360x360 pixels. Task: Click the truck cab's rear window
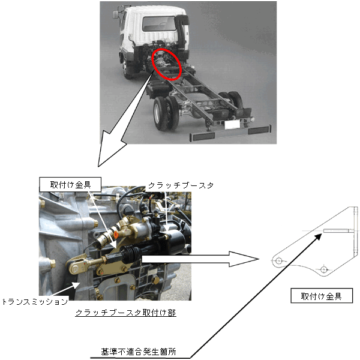[159, 23]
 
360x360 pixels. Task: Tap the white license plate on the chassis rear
[232, 124]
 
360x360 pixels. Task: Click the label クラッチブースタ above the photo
[181, 185]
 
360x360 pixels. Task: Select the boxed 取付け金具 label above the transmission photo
[70, 184]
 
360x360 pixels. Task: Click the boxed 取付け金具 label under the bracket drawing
[322, 296]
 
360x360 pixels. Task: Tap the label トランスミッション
[35, 301]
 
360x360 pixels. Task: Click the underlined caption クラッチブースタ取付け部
[125, 313]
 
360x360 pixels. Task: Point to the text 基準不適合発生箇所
[139, 352]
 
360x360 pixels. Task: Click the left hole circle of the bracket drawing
[278, 261]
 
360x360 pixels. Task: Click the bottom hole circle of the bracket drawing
[324, 269]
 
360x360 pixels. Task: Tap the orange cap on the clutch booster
[116, 235]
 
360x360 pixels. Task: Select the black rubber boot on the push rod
[131, 253]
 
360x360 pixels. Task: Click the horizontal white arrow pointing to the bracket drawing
[200, 259]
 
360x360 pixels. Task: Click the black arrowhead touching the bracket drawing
[318, 237]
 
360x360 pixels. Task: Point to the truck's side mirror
[115, 14]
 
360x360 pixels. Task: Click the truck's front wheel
[125, 67]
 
